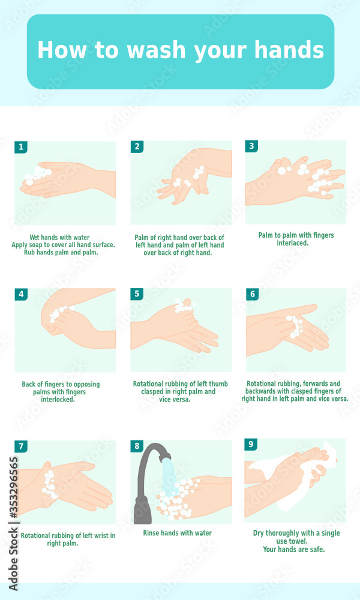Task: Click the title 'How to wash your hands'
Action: [x=180, y=50]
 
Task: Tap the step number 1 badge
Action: [x=21, y=147]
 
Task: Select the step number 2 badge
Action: [x=137, y=146]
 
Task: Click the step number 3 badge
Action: [x=252, y=146]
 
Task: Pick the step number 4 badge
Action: [x=21, y=294]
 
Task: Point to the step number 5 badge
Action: [x=137, y=294]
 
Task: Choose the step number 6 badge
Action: [x=253, y=294]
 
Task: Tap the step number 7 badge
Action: [x=21, y=446]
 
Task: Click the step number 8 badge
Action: [x=137, y=446]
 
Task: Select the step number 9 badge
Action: [x=251, y=445]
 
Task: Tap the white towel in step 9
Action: [x=312, y=474]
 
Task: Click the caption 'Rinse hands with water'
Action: [x=177, y=533]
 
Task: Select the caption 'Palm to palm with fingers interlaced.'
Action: [x=296, y=239]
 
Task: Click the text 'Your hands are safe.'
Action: [x=294, y=549]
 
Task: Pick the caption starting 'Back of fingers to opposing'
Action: [x=61, y=392]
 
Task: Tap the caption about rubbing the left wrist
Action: [x=68, y=539]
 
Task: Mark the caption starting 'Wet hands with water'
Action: [x=63, y=245]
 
